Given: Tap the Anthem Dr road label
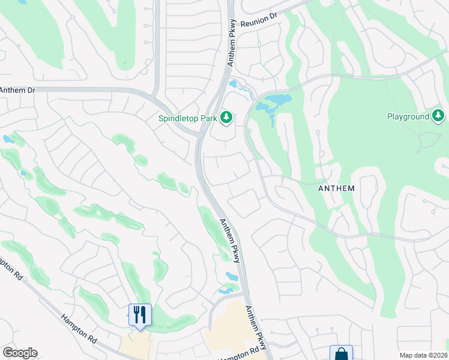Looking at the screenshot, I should click(17, 90).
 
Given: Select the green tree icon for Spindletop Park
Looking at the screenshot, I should click(226, 117).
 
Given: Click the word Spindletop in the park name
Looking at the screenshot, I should click(178, 119).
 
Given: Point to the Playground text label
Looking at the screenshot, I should click(408, 116).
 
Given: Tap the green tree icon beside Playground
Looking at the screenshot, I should click(439, 115).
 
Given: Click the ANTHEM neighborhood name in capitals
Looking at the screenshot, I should click(336, 188).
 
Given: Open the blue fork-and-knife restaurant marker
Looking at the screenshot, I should click(140, 314).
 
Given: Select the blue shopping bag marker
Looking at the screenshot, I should click(341, 353).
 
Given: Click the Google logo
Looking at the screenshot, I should click(20, 353).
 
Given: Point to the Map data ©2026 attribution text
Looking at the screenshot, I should click(423, 355).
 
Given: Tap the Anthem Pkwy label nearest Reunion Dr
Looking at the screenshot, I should click(232, 45).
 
